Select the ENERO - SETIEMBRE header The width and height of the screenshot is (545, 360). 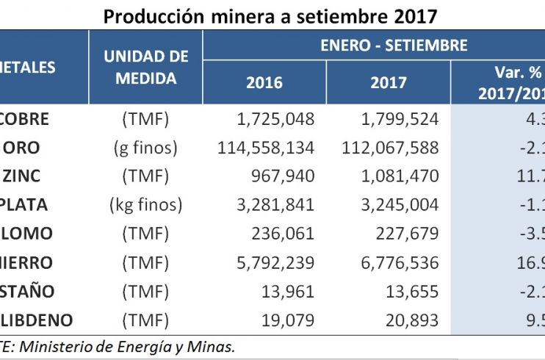click(x=394, y=46)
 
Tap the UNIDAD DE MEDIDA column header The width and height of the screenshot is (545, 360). click(x=146, y=68)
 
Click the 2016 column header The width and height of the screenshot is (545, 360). click(x=264, y=82)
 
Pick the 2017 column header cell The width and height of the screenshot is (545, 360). click(x=389, y=82)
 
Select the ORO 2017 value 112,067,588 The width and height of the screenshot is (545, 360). click(x=390, y=148)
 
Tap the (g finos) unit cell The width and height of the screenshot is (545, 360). click(x=145, y=148)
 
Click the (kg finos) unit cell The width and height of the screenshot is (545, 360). click(x=145, y=205)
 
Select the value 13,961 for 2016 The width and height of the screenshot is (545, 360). click(x=288, y=291)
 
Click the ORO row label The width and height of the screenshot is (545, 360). click(x=22, y=148)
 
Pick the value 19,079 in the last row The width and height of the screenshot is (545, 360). click(x=289, y=320)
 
